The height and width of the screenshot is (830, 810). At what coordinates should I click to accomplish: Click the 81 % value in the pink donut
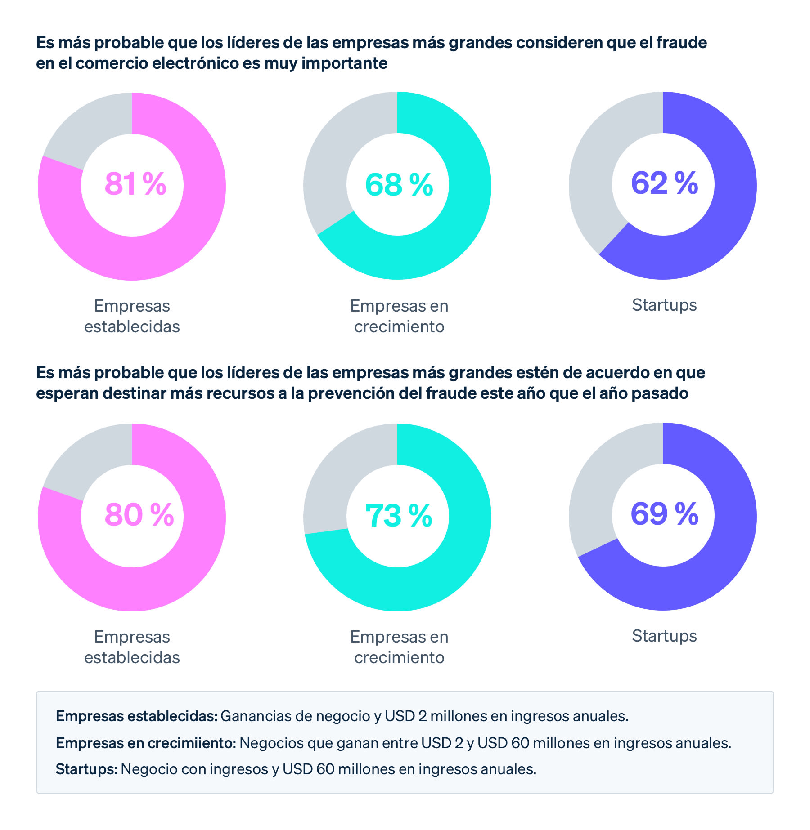point(135,184)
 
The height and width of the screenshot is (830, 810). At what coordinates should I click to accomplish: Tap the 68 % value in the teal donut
point(399,184)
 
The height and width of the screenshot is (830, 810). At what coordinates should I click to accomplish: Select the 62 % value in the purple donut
point(664,183)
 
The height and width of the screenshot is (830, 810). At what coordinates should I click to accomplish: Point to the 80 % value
point(139,514)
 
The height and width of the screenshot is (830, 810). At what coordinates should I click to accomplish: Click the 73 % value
point(399,515)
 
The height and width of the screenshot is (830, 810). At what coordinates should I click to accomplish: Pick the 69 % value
point(664,513)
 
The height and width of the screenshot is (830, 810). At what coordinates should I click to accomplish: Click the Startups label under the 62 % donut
point(664,305)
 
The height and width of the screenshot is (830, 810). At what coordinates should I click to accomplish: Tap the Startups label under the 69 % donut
point(664,636)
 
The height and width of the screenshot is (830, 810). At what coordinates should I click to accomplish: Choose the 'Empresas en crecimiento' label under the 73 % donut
point(399,647)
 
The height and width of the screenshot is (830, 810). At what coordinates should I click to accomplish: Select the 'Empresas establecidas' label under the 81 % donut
point(132,316)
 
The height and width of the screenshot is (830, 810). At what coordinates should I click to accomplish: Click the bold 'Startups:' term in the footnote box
point(86,769)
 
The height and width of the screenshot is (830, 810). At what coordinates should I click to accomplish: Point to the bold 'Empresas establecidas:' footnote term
point(137,715)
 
